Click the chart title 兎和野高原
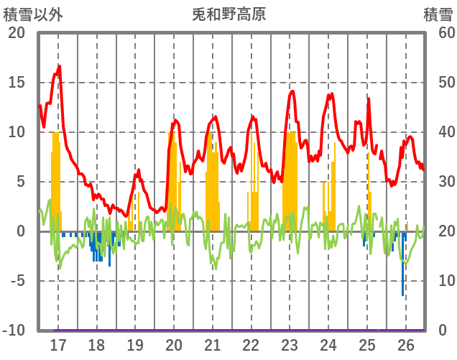[x=229, y=14]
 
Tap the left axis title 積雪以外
[x=29, y=14]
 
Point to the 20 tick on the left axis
[x=17, y=33]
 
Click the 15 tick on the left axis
[x=17, y=83]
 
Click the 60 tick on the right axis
[x=439, y=33]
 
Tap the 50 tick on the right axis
[x=439, y=83]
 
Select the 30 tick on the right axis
[x=439, y=182]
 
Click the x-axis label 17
[x=57, y=345]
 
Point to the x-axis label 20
[x=174, y=345]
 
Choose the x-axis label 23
[x=290, y=345]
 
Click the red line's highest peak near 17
[x=59, y=66]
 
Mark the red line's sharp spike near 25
[x=369, y=98]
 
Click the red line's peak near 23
[x=292, y=91]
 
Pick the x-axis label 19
[x=135, y=345]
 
